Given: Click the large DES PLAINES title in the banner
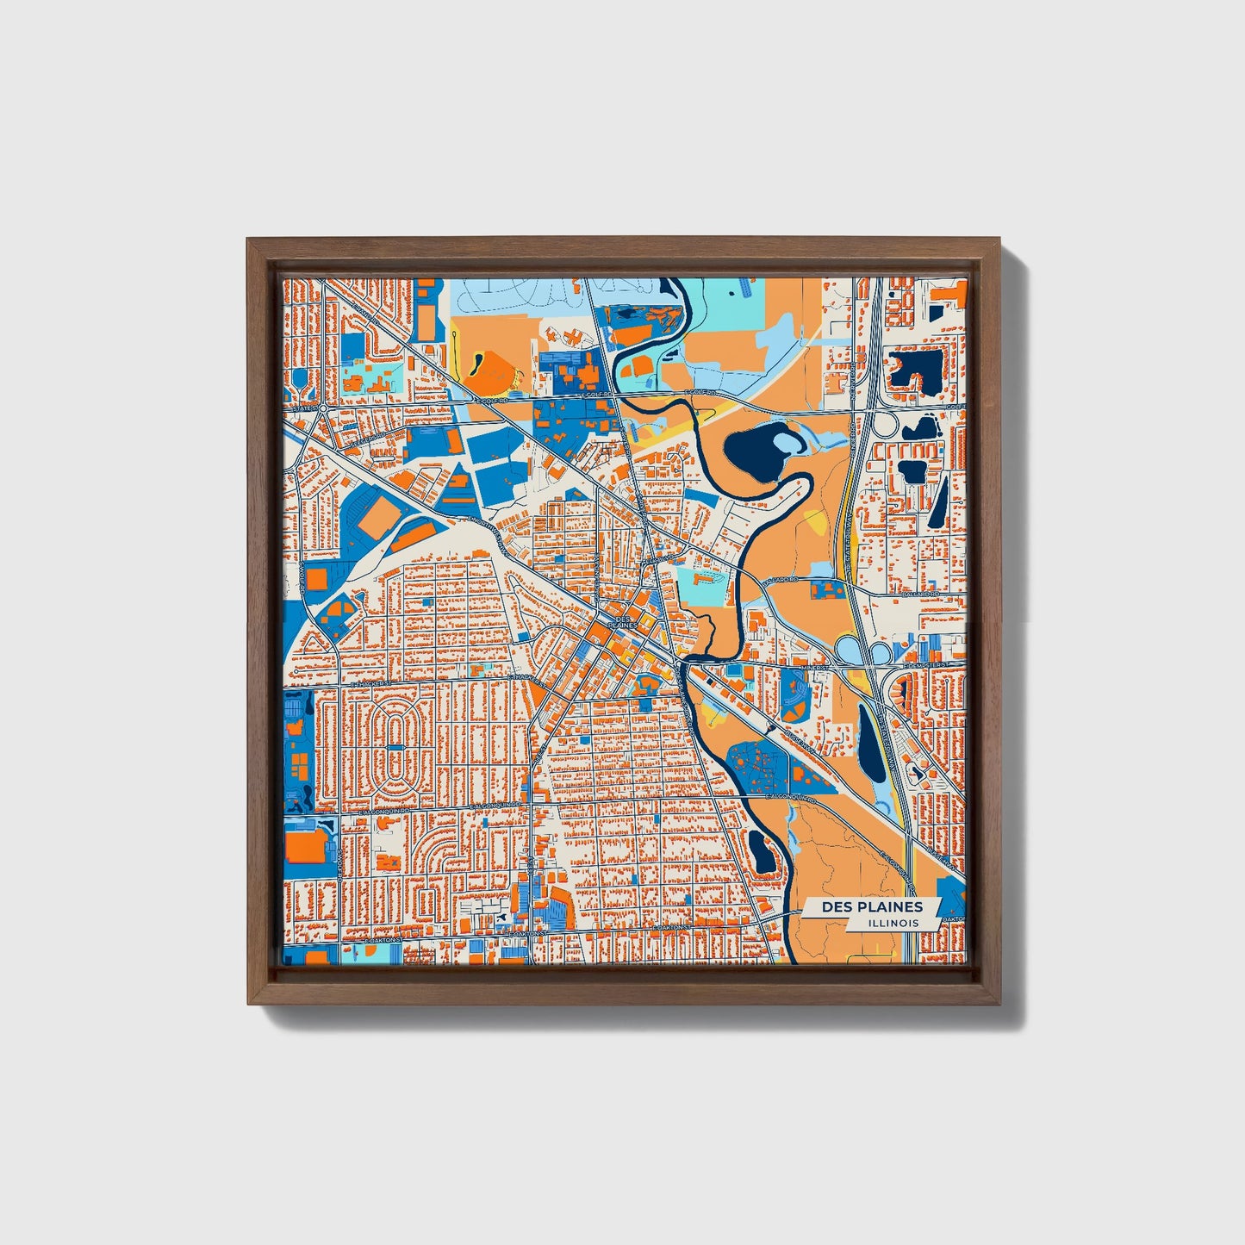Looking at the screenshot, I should (871, 906).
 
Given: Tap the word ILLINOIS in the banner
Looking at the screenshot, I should (893, 923).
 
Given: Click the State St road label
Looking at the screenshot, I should (306, 408).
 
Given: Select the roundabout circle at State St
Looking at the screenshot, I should (321, 408).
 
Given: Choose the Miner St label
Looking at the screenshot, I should (814, 667).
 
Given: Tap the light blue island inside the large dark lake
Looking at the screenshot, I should (787, 441).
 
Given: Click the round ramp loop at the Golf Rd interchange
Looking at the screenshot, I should (885, 425).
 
